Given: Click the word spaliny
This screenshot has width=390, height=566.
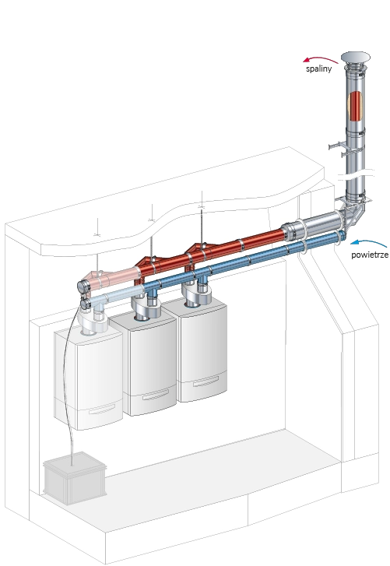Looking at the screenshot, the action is [x=318, y=69].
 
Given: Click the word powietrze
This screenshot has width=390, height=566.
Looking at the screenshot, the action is [x=370, y=255].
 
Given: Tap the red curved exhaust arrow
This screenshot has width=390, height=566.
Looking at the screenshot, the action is [x=320, y=59].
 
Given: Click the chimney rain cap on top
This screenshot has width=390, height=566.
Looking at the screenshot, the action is [x=356, y=58].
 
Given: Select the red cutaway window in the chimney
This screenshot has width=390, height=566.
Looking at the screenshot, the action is [x=355, y=106].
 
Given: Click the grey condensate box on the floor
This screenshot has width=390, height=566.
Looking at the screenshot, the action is [x=75, y=477].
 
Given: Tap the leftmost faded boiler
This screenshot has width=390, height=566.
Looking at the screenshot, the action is [x=88, y=379].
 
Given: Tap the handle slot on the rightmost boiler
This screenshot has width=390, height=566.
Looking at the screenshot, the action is [x=206, y=381].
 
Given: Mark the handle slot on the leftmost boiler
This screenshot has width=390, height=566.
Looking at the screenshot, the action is [x=102, y=409].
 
